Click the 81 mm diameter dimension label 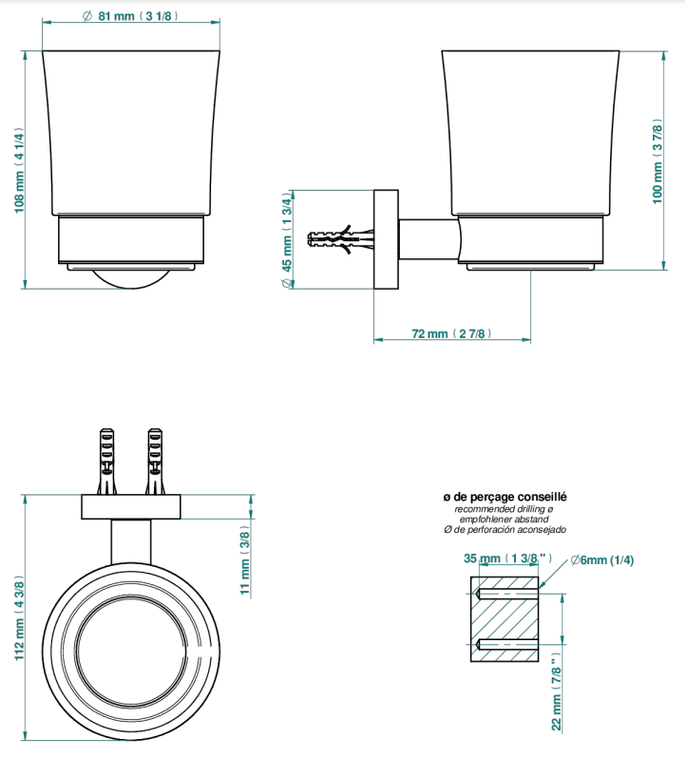click(130, 16)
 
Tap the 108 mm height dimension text click(18, 170)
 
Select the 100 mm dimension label click(657, 161)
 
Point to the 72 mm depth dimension click(451, 333)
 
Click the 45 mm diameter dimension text click(287, 240)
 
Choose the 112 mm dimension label click(18, 618)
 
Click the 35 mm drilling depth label click(507, 558)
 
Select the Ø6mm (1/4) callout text click(602, 560)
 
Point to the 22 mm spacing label click(557, 691)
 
